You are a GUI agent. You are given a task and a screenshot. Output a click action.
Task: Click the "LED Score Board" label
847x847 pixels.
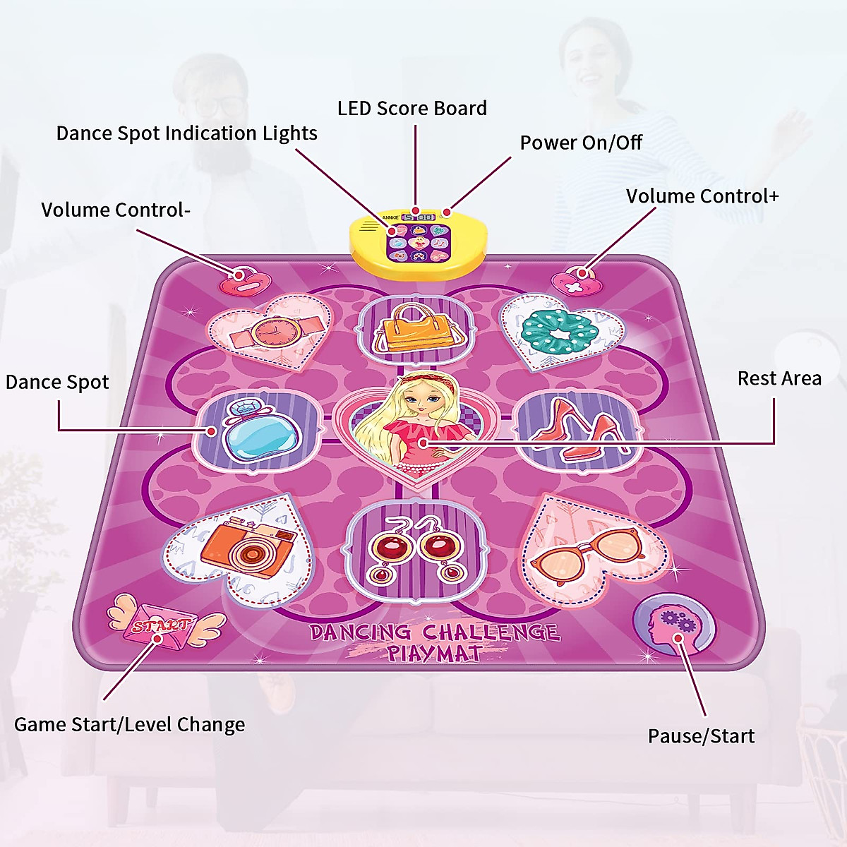[x=412, y=108]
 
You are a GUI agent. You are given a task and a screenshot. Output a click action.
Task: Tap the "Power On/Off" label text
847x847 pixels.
[x=581, y=143]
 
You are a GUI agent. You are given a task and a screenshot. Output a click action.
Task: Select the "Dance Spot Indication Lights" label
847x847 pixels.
[x=187, y=133]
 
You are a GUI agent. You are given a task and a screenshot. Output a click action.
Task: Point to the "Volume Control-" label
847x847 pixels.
[x=116, y=210]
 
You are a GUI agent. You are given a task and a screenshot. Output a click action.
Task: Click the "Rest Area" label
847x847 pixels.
[x=779, y=378]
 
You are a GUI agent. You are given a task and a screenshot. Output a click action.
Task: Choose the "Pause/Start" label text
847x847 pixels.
[x=701, y=736]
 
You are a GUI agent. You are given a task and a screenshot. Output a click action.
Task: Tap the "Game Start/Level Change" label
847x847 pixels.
[x=130, y=725]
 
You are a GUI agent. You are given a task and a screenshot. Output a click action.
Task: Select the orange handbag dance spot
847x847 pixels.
[x=413, y=328]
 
